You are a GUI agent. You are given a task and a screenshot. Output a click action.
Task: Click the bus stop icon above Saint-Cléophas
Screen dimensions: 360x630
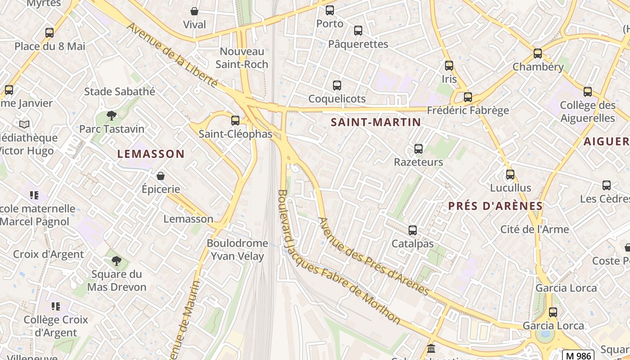tap(235, 120)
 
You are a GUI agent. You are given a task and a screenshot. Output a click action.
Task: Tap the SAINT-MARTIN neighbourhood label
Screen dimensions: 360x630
tap(376, 122)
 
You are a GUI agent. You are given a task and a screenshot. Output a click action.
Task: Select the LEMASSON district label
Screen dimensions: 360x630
tap(151, 154)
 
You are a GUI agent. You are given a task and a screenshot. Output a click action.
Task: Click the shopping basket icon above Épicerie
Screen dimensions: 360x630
tap(161, 176)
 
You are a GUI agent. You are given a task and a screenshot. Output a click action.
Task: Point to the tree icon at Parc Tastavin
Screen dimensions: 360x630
tap(112, 116)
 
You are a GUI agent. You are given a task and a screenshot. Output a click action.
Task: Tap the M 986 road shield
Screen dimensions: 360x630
tap(578, 355)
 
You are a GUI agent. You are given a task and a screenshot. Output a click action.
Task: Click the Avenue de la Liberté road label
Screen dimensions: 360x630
tap(172, 55)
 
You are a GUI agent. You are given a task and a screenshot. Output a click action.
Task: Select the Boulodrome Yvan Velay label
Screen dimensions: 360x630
tap(237, 250)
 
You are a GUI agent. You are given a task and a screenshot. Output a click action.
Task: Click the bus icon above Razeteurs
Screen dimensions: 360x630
tap(418, 149)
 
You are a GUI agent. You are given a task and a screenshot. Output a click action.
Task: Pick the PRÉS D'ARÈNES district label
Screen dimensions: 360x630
tap(495, 206)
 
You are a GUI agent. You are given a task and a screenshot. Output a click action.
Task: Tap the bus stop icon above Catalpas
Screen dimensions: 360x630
tap(413, 230)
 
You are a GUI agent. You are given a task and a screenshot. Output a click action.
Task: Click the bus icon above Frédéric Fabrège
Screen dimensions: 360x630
tap(468, 97)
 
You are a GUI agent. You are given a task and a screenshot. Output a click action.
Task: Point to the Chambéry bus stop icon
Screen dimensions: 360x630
tap(538, 54)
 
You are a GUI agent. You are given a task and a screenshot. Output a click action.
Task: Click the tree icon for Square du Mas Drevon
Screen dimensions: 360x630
tap(116, 261)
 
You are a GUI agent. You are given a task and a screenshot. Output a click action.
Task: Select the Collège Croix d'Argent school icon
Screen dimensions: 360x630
tap(56, 306)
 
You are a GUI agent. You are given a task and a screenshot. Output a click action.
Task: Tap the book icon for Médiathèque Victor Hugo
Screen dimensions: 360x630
tap(24, 124)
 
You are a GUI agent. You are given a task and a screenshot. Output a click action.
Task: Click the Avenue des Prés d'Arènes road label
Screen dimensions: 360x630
tap(373, 256)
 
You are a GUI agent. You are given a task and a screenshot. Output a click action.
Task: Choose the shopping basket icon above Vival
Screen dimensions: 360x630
tap(194, 11)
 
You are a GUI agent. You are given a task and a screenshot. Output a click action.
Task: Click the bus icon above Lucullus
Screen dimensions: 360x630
tap(510, 174)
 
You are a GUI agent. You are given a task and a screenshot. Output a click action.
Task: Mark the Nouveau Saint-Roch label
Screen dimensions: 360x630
tap(242, 58)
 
